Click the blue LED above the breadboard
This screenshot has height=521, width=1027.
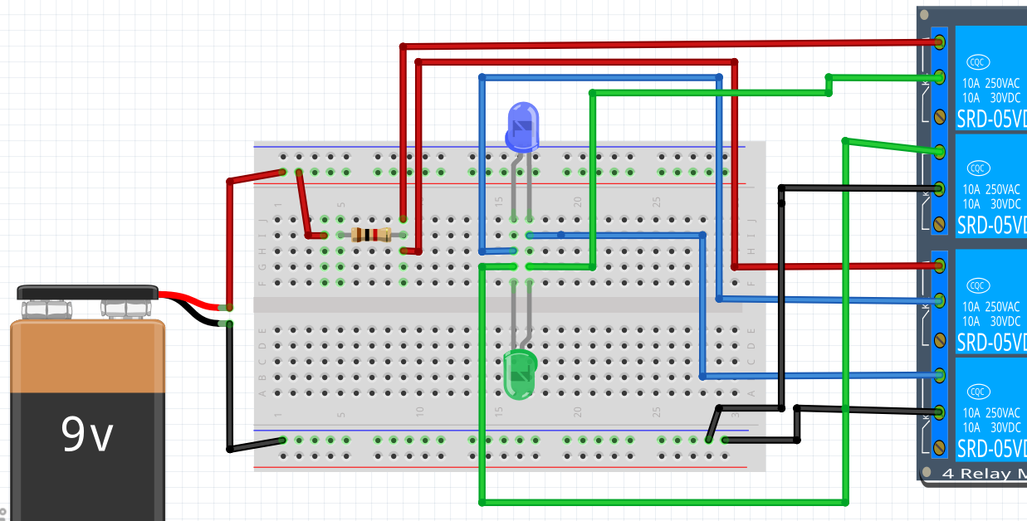pos(522,126)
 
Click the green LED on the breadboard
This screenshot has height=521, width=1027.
pos(520,374)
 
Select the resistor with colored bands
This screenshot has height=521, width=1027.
pos(371,235)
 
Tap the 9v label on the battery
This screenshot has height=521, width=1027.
pos(87,434)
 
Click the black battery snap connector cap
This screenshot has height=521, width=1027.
pos(87,292)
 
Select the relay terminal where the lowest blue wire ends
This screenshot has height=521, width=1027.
pos(940,375)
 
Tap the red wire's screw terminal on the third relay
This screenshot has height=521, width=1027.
pos(940,265)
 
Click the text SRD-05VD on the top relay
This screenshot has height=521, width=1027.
pos(990,118)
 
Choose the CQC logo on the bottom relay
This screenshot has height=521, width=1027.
pos(980,392)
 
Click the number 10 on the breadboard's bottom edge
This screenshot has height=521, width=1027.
pos(420,411)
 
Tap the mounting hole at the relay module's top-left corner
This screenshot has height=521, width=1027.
pos(924,14)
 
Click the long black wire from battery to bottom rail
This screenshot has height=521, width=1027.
pos(229,390)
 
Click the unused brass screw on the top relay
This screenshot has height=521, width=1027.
pos(940,115)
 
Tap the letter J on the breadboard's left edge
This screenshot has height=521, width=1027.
pos(263,221)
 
